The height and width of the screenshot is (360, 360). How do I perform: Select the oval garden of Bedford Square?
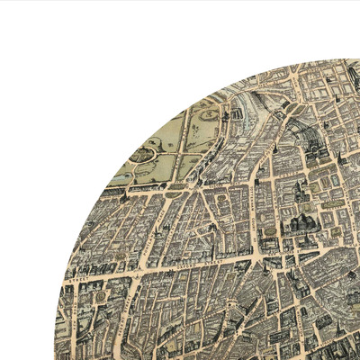pyautogui.click(x=269, y=238)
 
